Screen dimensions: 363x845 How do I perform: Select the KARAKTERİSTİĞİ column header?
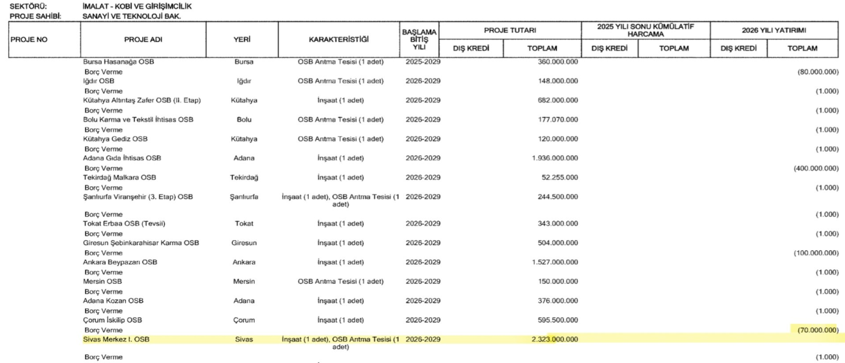tap(339, 39)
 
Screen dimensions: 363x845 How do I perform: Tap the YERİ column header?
tap(242, 39)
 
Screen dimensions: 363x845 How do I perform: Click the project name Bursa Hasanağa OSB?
tap(118, 62)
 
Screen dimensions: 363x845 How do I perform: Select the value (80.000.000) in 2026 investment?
tap(818, 72)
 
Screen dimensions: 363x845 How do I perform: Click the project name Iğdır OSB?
tap(99, 81)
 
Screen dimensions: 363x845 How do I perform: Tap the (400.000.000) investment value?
tap(816, 169)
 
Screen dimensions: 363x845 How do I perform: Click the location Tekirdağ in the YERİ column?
tap(244, 178)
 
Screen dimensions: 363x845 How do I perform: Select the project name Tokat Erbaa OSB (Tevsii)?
tap(124, 224)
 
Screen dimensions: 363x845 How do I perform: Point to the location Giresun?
tap(244, 243)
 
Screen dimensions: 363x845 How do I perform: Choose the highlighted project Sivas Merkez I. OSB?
tap(116, 339)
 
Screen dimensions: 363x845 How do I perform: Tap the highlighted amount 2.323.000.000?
tap(555, 339)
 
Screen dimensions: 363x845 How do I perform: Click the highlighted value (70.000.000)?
tap(818, 330)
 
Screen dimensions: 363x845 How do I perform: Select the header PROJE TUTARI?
tap(510, 30)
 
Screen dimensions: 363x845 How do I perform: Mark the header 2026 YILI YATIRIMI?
tap(773, 30)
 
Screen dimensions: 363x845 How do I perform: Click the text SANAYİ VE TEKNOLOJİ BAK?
tap(131, 16)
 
